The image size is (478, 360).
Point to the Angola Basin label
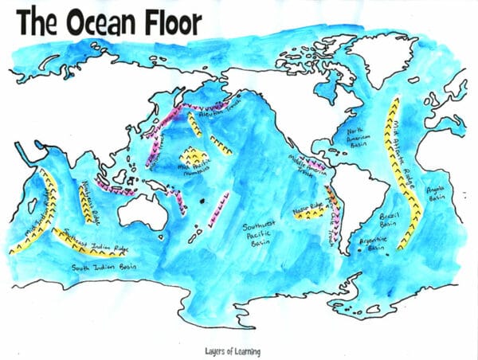point(437,194)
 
